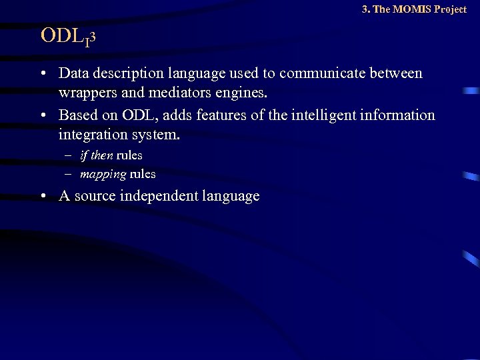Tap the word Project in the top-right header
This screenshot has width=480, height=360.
[451, 9]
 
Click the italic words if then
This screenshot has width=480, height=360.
[96, 155]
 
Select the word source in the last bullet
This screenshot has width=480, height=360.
[95, 196]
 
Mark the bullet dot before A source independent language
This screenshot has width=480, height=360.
[42, 196]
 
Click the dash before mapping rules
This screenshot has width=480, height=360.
[69, 174]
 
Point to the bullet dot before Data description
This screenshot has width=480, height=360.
[42, 73]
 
